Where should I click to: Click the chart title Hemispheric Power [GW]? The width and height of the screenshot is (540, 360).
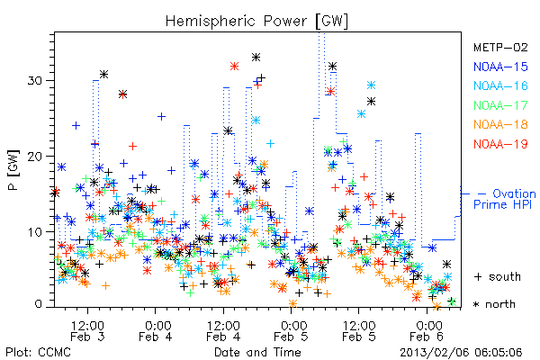click(x=256, y=22)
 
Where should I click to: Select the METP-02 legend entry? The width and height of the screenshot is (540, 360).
click(x=500, y=47)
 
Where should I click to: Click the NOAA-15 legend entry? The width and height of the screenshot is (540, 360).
click(x=500, y=67)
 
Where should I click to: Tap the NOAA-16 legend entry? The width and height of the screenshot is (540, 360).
click(x=500, y=85)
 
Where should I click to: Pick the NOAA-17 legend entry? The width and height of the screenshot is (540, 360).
click(x=500, y=105)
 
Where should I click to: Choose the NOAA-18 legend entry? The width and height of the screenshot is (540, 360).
click(x=500, y=124)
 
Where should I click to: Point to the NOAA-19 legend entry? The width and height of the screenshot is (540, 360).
click(x=500, y=144)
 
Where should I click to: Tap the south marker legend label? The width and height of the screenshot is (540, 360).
click(x=498, y=276)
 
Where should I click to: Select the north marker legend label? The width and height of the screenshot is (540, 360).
click(x=494, y=304)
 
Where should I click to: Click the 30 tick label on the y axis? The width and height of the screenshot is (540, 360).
click(x=35, y=81)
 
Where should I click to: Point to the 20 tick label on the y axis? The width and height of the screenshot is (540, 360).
click(x=35, y=156)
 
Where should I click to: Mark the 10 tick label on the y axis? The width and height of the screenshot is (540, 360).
click(x=35, y=231)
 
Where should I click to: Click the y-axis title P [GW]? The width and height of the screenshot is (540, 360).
click(x=13, y=170)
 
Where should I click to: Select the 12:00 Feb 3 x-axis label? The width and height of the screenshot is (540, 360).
click(x=87, y=330)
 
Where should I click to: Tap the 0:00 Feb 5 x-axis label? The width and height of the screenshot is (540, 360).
click(x=291, y=330)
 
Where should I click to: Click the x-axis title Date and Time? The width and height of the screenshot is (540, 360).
click(x=257, y=353)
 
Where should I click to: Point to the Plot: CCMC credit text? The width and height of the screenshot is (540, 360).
click(x=38, y=353)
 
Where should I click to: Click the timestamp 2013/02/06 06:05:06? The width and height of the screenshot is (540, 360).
click(x=461, y=353)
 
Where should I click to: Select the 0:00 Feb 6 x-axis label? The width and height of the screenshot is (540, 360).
click(x=427, y=330)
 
